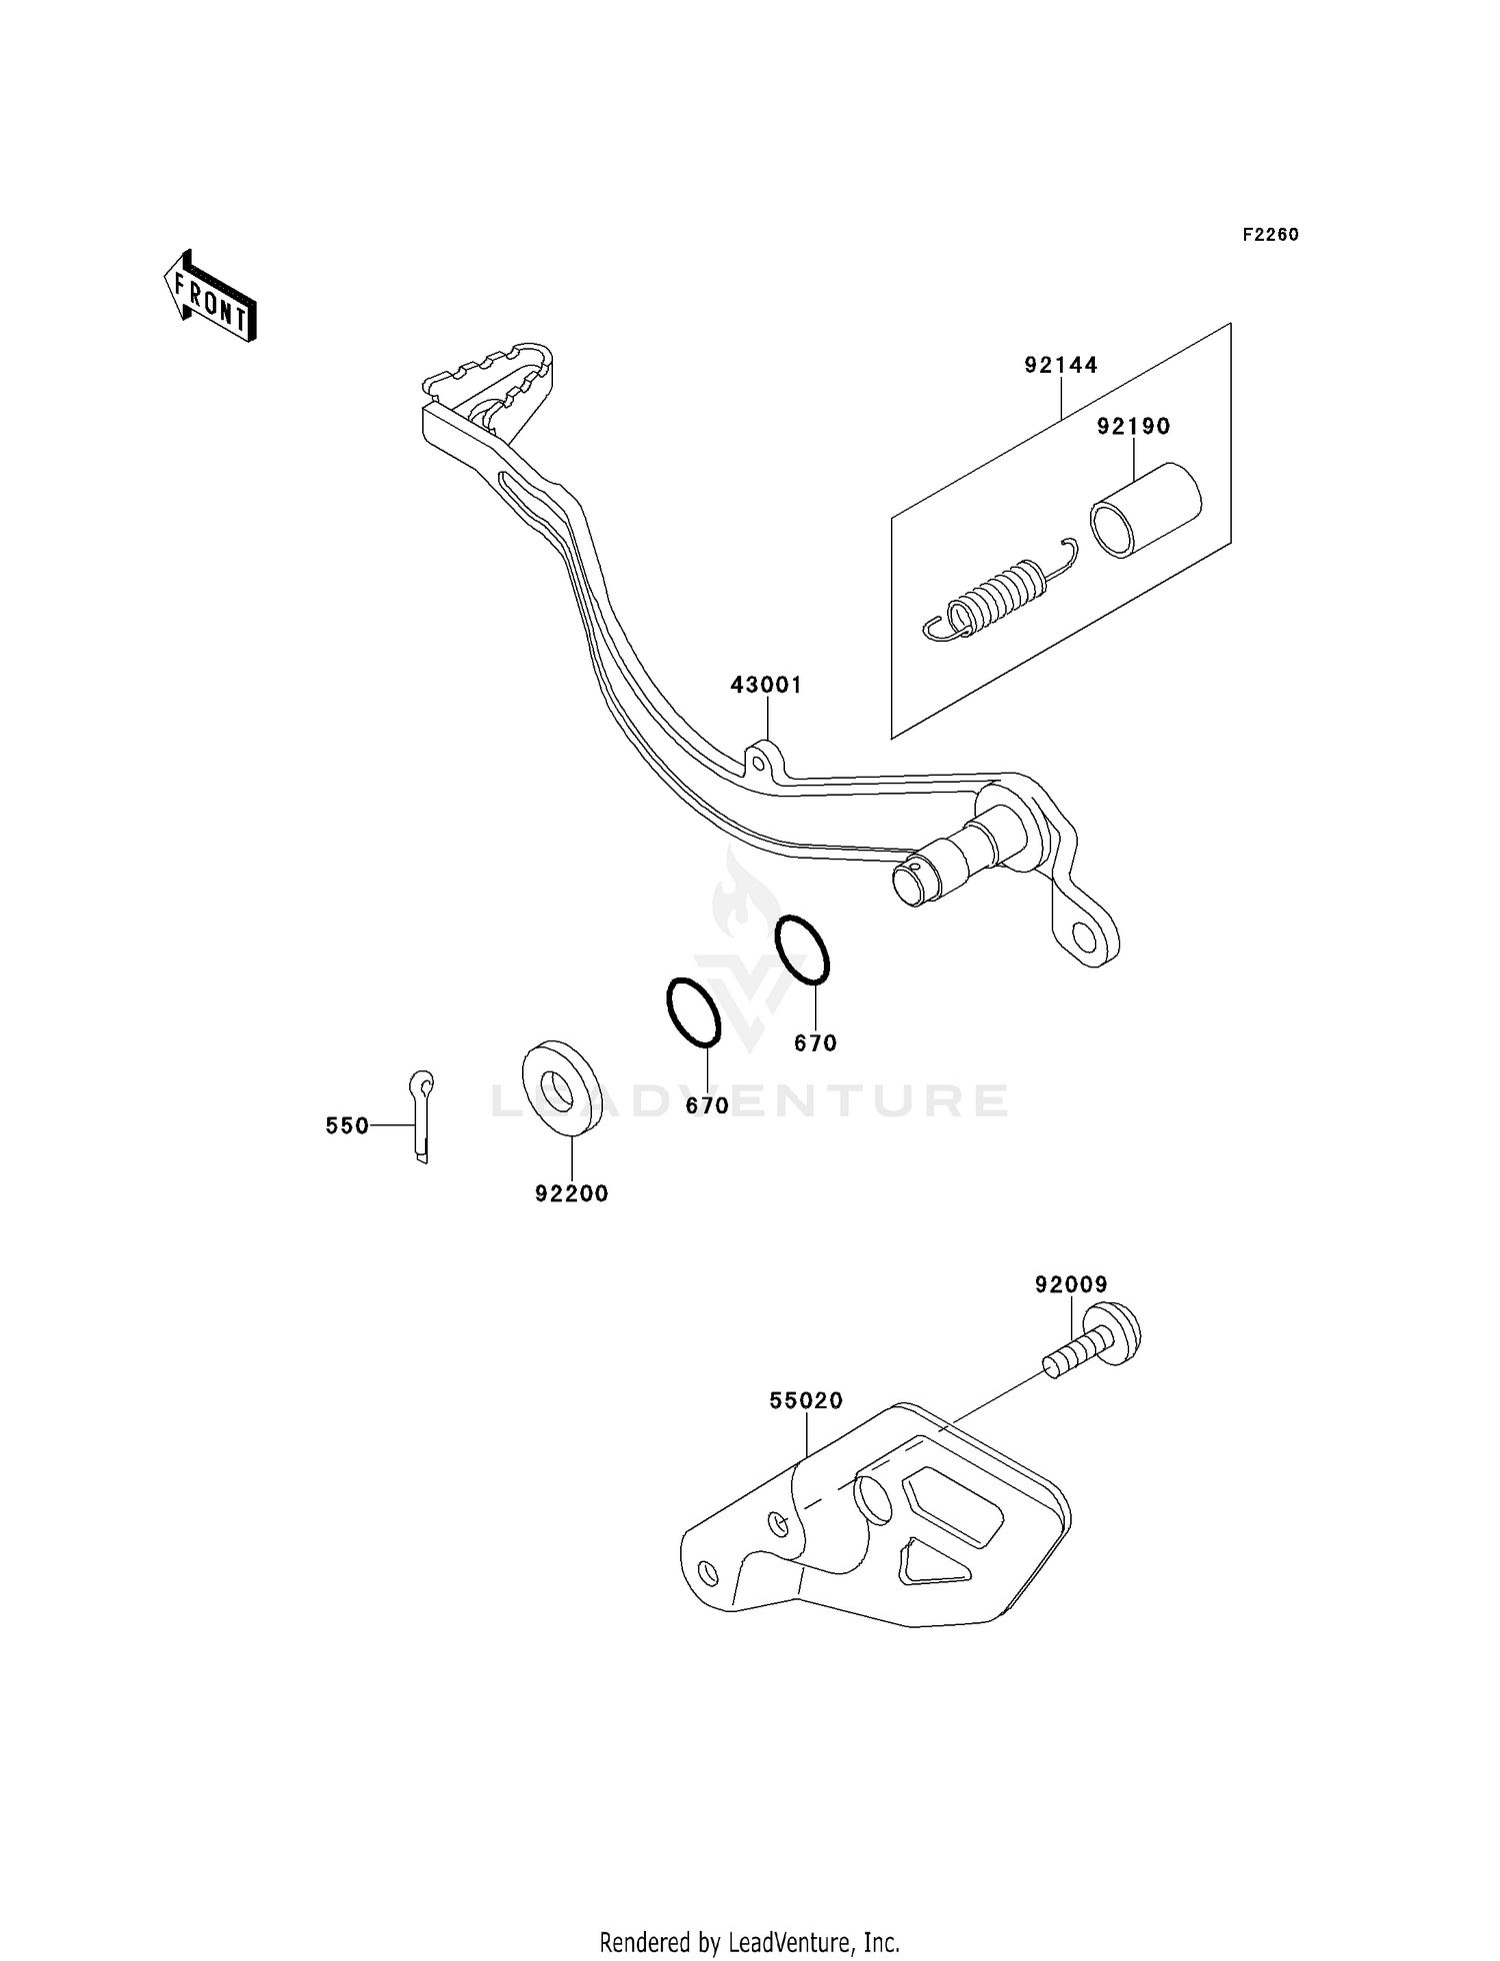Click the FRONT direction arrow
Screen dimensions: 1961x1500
point(210,299)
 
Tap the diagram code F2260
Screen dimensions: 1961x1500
point(1270,235)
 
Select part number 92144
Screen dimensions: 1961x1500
point(1060,366)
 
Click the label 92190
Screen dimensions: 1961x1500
point(1133,427)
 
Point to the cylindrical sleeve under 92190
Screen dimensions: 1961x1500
point(1145,511)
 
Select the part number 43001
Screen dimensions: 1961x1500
point(766,686)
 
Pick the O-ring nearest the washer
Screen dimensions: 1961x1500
point(693,1012)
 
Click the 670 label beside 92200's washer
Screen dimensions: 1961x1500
point(707,1106)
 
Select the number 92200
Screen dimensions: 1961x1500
point(571,1193)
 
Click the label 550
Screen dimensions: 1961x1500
point(347,1126)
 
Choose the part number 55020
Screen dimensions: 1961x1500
point(806,1401)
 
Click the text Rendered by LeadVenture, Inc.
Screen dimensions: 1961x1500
point(749,1942)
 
